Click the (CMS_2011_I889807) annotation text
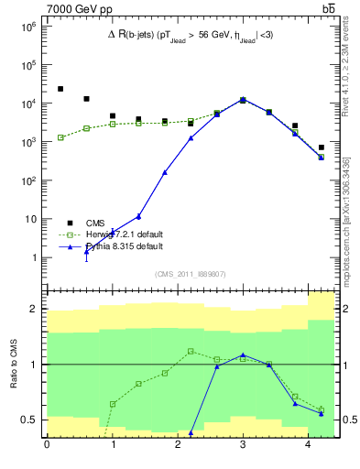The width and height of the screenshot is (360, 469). coord(190,274)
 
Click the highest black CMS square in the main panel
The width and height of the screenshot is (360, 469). coord(60,89)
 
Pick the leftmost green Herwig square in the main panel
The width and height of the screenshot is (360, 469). coord(60,137)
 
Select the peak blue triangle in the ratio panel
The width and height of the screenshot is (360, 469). coord(243,354)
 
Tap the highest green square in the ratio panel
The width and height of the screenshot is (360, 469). coord(191,351)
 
